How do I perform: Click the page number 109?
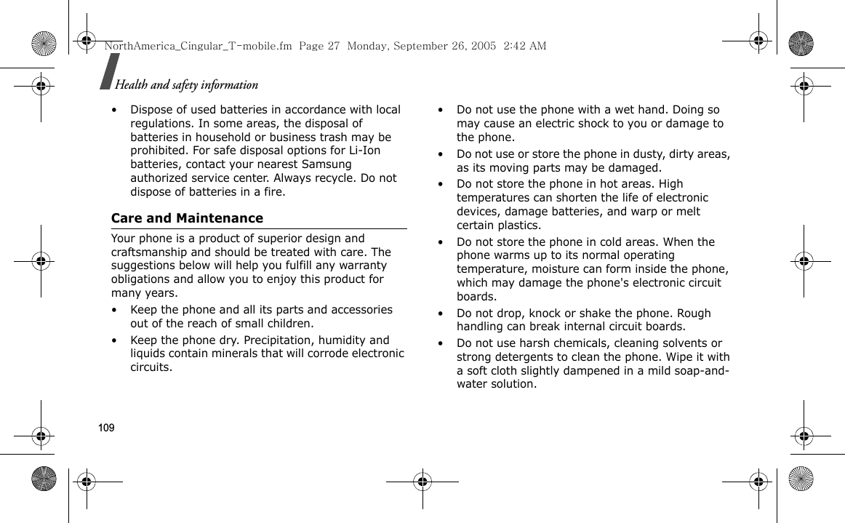click(106, 428)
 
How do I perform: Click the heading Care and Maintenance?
click(187, 218)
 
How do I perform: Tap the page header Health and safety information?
click(186, 85)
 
